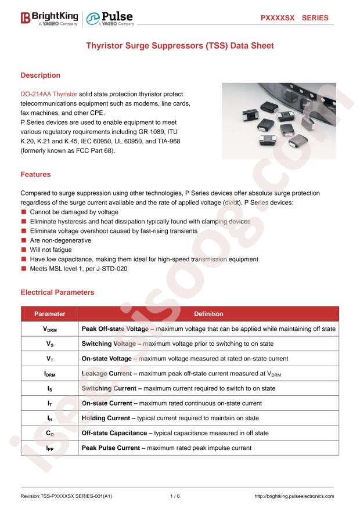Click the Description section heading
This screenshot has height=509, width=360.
41,75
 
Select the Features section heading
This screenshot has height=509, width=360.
35,174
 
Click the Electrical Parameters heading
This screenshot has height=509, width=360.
57,293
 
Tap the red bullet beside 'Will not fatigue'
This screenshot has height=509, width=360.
24,250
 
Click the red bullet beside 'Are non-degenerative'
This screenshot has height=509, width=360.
24,240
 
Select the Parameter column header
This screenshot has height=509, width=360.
49,314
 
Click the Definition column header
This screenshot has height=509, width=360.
208,314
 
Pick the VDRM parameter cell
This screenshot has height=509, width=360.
49,329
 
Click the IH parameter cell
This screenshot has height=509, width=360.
49,418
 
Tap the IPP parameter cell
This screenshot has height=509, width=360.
49,448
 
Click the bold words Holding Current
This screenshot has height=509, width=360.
109,418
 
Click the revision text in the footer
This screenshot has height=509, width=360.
66,496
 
